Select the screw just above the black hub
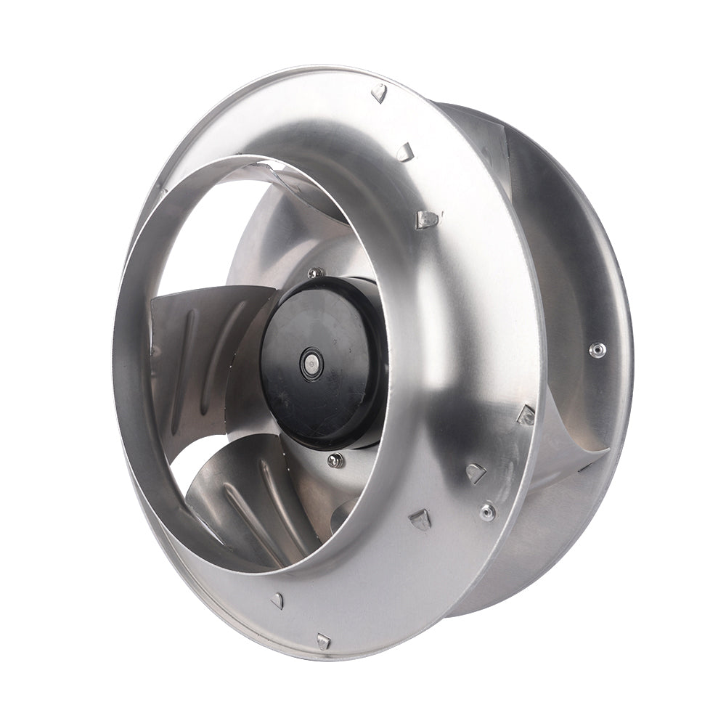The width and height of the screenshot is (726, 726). [x=315, y=273]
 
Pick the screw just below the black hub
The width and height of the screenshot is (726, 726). [x=334, y=460]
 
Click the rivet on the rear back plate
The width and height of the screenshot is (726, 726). [x=597, y=350]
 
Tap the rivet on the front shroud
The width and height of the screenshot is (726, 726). [x=487, y=512]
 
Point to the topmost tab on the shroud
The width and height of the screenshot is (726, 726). [x=379, y=92]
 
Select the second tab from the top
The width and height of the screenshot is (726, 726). [x=404, y=151]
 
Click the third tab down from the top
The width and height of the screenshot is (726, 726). [x=427, y=218]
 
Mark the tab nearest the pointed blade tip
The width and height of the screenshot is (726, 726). [x=526, y=415]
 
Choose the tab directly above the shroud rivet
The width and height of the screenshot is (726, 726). [x=476, y=473]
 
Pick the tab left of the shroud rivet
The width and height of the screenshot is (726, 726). [x=420, y=518]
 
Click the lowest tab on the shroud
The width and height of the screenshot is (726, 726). [x=324, y=640]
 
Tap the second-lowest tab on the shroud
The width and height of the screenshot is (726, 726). [x=277, y=600]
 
